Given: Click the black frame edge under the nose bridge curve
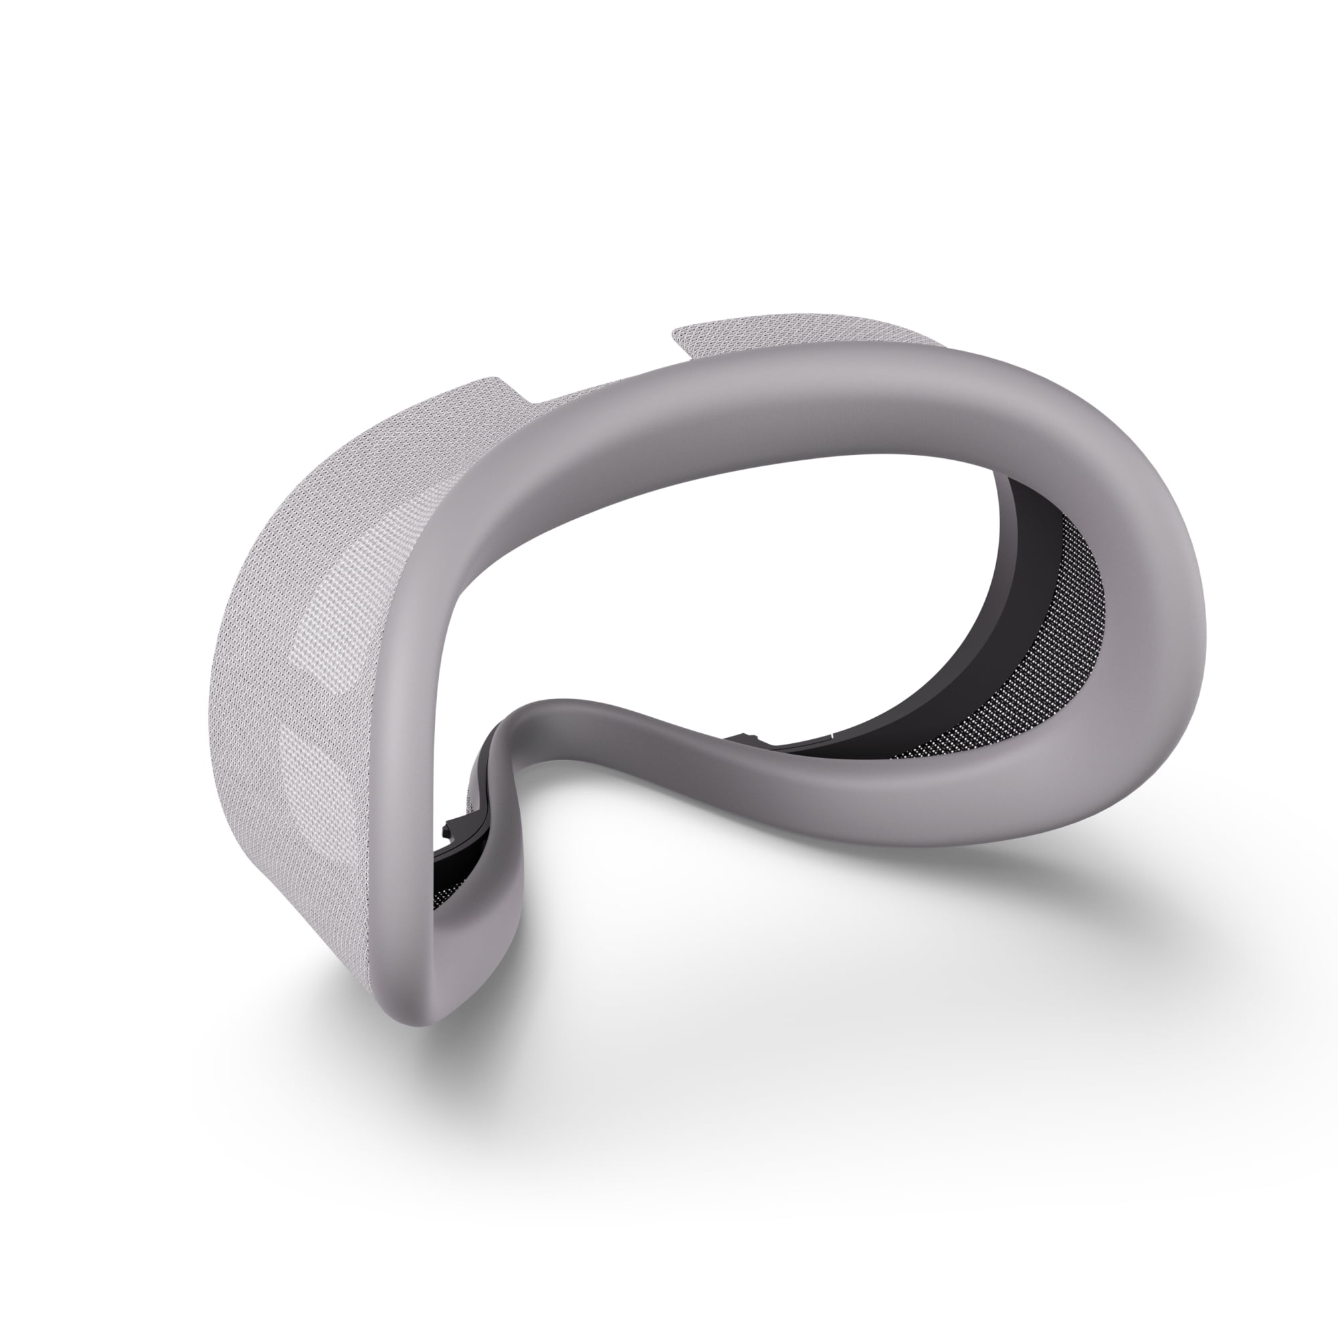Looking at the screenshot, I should tap(485, 796).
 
